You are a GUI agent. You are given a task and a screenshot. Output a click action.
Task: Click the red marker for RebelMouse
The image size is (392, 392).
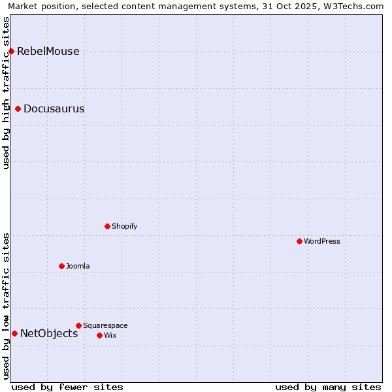pos(11,51)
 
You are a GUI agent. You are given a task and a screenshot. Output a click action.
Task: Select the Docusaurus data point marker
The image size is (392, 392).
pos(18,108)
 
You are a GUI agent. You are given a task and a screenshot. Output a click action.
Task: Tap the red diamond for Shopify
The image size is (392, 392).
pos(107,226)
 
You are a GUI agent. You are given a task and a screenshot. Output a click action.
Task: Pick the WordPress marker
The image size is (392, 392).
pos(299,241)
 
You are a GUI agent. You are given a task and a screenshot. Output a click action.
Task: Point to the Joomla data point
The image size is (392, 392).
pos(61,266)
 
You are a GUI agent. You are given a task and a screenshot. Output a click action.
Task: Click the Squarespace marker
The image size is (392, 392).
pos(78,325)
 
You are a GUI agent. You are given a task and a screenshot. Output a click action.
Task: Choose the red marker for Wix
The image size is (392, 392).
pos(99,335)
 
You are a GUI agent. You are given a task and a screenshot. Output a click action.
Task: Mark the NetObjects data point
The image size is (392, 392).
pos(14,333)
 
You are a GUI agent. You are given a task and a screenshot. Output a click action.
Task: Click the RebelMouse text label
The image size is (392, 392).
pos(48,52)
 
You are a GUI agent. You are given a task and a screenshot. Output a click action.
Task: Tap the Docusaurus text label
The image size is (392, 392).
pos(54,109)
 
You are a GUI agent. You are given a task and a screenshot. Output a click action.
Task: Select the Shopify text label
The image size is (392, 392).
pos(124,226)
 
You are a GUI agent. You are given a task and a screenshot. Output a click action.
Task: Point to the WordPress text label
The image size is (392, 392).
pos(321,241)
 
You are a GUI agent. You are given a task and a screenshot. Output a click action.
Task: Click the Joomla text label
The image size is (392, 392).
pos(78,266)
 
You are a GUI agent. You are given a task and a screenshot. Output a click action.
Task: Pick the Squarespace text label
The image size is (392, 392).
pos(105,325)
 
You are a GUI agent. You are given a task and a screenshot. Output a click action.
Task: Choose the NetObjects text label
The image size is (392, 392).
pos(49,334)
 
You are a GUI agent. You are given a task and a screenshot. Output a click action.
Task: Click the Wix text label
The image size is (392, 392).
pos(110,335)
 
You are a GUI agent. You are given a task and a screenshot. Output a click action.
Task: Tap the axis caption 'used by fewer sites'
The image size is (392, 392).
pos(67,387)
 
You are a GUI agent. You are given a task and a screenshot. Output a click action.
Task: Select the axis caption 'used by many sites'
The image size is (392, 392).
pos(328,387)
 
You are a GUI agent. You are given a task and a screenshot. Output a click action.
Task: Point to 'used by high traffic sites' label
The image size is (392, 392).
pos(7,93)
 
